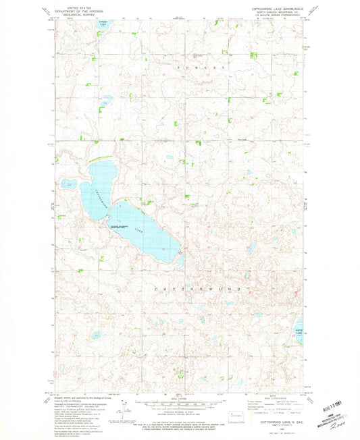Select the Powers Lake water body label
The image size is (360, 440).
[x=102, y=25]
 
